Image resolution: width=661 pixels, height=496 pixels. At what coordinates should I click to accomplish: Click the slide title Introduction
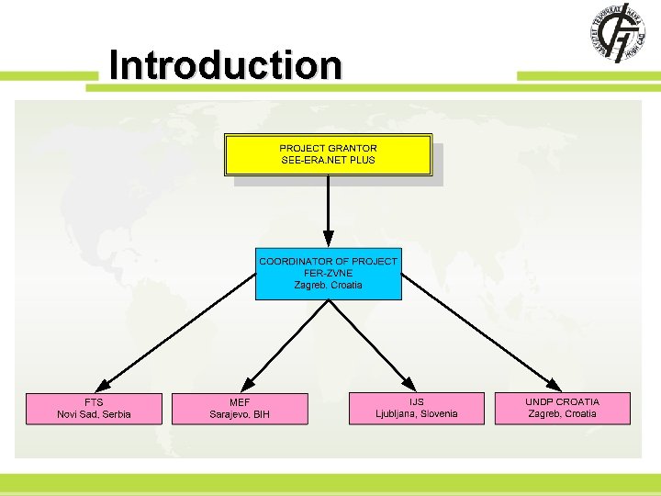[225, 65]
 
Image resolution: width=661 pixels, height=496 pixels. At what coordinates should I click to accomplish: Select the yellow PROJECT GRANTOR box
[329, 154]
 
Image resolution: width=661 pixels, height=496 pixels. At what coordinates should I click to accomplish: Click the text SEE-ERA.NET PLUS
[328, 160]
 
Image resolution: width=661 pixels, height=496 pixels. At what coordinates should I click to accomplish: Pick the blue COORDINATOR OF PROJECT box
[328, 274]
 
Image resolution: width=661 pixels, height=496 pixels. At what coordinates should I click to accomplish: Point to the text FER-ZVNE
[328, 273]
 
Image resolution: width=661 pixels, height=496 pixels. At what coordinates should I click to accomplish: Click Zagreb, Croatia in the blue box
[328, 285]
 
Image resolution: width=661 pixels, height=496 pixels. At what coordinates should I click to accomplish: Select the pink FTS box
[94, 408]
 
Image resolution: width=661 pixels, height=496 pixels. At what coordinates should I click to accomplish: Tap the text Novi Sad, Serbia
[94, 414]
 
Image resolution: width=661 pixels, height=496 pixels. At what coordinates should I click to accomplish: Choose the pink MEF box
[240, 408]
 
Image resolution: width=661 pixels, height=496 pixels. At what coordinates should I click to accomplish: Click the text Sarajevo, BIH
[240, 415]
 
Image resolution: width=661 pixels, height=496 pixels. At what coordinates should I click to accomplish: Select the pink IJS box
[416, 408]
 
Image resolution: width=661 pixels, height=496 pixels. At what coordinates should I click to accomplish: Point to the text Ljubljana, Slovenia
[416, 414]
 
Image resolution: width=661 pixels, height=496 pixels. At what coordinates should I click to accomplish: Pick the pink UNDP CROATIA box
[563, 408]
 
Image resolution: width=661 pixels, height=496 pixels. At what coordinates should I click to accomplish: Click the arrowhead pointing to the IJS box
[408, 384]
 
